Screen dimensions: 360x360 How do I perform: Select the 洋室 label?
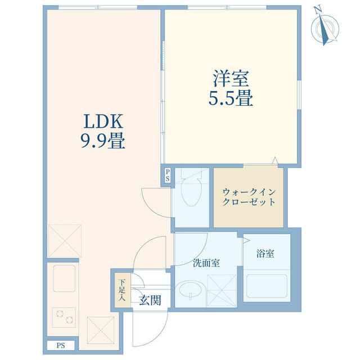click(231, 78)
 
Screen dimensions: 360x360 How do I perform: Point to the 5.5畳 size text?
click(231, 98)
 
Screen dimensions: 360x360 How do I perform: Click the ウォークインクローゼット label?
click(249, 196)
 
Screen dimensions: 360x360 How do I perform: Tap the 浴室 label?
click(265, 254)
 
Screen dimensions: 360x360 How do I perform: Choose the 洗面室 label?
click(206, 263)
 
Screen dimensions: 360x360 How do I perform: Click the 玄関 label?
click(150, 300)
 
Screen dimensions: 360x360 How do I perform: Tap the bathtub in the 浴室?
click(266, 288)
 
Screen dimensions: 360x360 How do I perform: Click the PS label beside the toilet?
click(167, 175)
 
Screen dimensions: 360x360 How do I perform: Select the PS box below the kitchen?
click(60, 345)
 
